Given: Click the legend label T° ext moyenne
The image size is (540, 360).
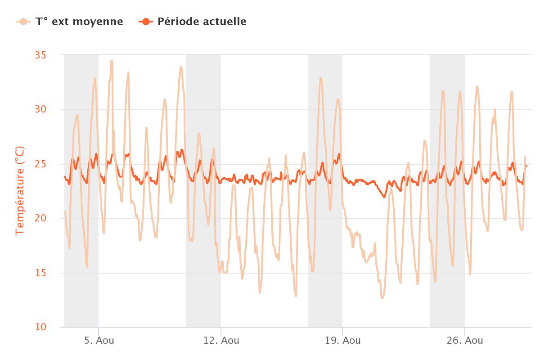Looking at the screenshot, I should (79, 22).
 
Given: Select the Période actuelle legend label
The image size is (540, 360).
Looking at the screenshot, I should (202, 22).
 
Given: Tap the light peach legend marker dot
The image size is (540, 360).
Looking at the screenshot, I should (23, 22).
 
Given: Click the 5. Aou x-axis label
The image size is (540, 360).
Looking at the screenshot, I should (99, 341).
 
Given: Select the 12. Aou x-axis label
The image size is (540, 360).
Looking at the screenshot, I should (221, 341).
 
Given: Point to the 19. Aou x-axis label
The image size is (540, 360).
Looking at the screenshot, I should (342, 341).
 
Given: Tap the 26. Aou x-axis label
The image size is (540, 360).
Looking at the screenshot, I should (465, 341).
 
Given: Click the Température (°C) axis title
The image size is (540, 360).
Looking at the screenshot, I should (20, 191).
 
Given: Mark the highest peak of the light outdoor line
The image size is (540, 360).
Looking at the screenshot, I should (112, 61).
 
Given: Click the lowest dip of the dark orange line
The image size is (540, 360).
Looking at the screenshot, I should (384, 197).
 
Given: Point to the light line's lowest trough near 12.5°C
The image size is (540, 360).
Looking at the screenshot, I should (382, 298).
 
